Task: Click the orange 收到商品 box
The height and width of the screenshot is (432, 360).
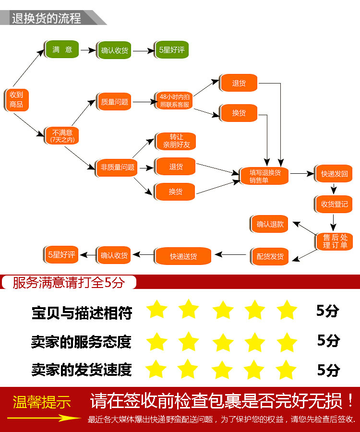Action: point(17,100)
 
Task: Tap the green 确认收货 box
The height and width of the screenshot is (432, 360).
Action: point(115,50)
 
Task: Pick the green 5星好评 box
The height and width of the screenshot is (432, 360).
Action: point(171,50)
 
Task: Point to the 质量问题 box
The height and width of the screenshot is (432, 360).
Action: point(114,102)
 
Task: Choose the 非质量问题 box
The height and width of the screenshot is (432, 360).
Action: point(115,168)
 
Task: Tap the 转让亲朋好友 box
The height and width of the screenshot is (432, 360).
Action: point(175,141)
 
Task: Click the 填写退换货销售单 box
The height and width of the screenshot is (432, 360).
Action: point(264,176)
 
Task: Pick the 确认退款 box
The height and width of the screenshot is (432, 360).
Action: point(270,224)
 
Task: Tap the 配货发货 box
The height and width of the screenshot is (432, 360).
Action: point(270,256)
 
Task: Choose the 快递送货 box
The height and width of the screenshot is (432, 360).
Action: point(183,256)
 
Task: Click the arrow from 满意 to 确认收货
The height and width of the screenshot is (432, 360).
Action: point(87,50)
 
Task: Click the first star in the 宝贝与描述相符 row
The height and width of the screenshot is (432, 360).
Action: point(156,310)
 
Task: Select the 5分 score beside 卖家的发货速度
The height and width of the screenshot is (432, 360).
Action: point(328,370)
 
